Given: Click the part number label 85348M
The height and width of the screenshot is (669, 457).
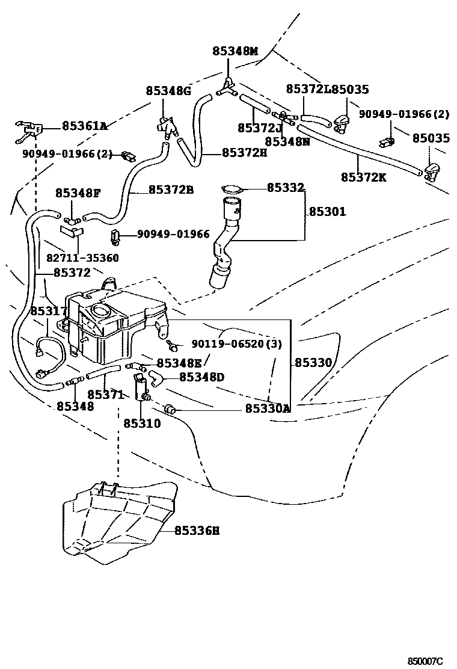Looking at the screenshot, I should point(235,52).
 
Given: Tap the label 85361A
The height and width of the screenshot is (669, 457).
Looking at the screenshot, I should point(84,126).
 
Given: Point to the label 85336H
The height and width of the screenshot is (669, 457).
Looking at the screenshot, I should point(197,531).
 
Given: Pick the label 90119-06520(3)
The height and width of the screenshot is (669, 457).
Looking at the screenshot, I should point(236,344).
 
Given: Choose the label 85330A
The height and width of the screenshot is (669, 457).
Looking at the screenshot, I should point(268,409).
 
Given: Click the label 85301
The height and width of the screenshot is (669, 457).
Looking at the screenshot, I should point(328,212).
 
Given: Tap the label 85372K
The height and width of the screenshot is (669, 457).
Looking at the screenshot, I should point(363,177).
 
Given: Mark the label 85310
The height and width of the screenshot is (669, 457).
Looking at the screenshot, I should point(142,424).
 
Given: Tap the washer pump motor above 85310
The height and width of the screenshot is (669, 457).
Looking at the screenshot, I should point(143,387).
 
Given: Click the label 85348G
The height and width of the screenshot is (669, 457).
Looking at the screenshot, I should point(168,91).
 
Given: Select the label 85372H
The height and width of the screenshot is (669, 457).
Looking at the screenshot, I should point(244,153).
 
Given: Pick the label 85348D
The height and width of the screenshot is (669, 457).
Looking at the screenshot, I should point(201,377).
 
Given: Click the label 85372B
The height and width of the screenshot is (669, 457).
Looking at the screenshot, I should point(171,190).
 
